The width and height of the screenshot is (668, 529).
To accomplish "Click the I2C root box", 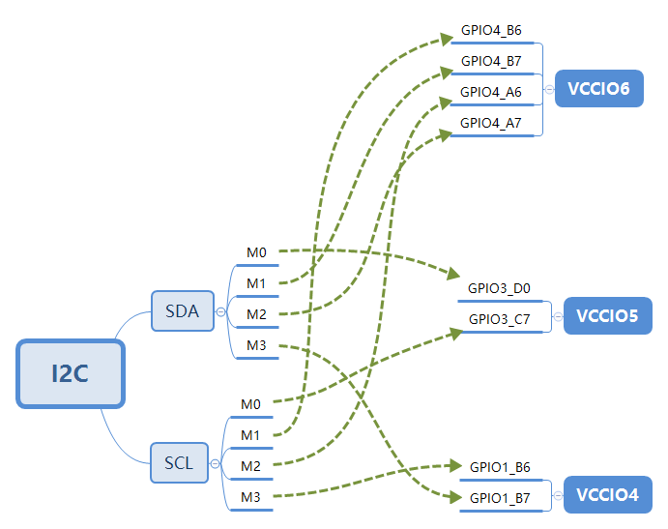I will click(71, 372).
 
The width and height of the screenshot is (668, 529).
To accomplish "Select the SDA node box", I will click(183, 310).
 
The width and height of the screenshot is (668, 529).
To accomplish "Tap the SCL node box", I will click(179, 462).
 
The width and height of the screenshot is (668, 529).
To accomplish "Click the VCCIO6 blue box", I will click(599, 89).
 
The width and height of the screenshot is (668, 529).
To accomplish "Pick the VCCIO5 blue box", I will click(607, 315).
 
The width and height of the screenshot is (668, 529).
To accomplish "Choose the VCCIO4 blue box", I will click(607, 494).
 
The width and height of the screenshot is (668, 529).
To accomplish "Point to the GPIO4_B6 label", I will click(491, 31).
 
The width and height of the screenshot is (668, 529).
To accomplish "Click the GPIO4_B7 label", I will click(491, 62).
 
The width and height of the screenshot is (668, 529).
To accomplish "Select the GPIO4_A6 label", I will click(491, 92).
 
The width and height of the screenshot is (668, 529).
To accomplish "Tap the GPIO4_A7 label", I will click(491, 123).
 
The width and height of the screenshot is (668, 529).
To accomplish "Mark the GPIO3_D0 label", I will click(499, 287).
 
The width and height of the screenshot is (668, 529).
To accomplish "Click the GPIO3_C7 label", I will click(499, 318).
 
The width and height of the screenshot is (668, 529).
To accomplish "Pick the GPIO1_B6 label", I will click(499, 466).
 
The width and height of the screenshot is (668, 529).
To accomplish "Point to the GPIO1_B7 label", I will click(499, 498).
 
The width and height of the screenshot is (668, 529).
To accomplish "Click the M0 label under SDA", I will click(256, 252).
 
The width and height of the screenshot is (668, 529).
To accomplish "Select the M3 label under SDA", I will click(256, 345).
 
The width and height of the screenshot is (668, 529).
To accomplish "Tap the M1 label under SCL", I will click(251, 434).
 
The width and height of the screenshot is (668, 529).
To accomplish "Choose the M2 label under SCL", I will click(251, 465).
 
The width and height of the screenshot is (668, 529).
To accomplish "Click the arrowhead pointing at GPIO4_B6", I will click(449, 39).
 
